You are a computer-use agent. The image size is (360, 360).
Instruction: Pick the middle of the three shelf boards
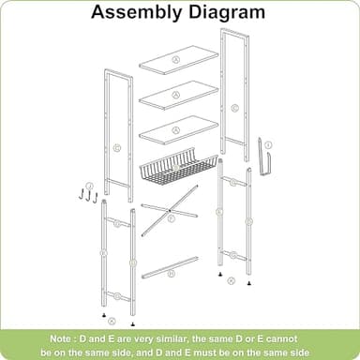178,94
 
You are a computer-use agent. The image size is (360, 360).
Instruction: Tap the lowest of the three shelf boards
178,129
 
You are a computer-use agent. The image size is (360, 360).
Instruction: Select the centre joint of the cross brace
171,218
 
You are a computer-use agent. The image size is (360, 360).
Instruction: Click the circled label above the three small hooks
90,186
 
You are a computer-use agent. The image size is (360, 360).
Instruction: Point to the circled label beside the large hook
268,144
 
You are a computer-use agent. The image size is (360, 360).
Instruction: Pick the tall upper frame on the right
233,94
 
